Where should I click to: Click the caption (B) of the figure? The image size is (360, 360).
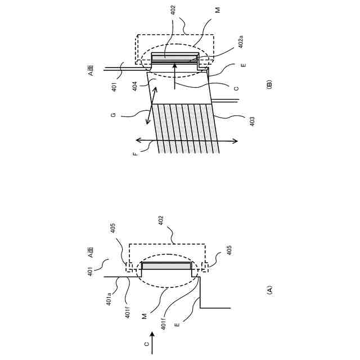pos(269,85)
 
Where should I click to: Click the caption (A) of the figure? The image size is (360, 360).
pos(269,290)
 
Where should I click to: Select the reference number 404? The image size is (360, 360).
pos(135,85)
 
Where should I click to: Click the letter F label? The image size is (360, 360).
pos(135,153)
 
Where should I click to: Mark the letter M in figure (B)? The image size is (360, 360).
pos(218,10)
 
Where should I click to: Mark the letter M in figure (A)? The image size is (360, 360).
pos(145,316)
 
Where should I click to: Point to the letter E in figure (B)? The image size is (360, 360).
pos(243,65)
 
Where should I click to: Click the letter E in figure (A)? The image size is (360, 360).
pos(177,325)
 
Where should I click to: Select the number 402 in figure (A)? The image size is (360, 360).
pos(161,220)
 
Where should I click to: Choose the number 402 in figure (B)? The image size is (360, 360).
pos(173,9)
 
